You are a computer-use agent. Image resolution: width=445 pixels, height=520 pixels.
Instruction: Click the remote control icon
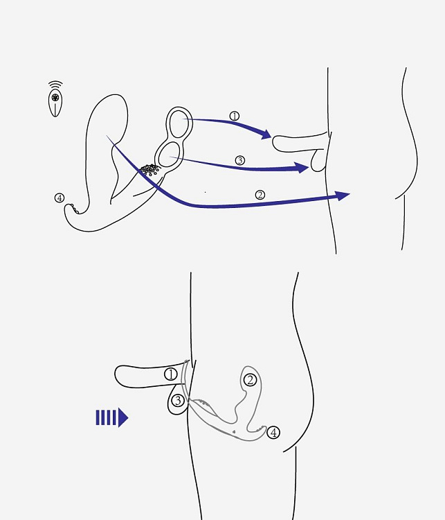tap(55, 103)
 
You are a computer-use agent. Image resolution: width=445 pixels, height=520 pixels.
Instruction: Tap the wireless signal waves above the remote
tap(55, 84)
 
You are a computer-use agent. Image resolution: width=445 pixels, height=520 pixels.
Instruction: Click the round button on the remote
tap(55, 97)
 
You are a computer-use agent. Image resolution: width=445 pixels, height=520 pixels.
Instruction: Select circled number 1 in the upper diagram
tap(235, 116)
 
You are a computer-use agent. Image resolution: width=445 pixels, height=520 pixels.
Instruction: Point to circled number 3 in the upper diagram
tap(240, 161)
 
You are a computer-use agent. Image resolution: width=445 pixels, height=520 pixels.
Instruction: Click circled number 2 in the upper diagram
tap(260, 195)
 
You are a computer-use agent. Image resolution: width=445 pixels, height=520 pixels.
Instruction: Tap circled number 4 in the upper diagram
tap(60, 198)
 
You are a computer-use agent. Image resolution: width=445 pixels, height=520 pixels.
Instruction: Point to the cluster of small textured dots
tap(150, 170)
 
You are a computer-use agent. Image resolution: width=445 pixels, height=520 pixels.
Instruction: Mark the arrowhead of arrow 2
tap(343, 196)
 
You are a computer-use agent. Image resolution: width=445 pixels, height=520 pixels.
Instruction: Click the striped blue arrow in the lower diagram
tap(112, 417)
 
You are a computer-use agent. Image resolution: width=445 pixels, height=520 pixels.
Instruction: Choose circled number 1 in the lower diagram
tap(171, 374)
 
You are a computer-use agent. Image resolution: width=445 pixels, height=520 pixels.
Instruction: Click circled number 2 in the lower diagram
tap(251, 380)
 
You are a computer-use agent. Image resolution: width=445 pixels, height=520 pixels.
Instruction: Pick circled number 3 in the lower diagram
tap(178, 401)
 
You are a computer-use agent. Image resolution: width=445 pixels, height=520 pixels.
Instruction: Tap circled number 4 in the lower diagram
tap(273, 433)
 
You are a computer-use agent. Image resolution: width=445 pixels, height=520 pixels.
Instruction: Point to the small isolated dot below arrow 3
tap(206, 192)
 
